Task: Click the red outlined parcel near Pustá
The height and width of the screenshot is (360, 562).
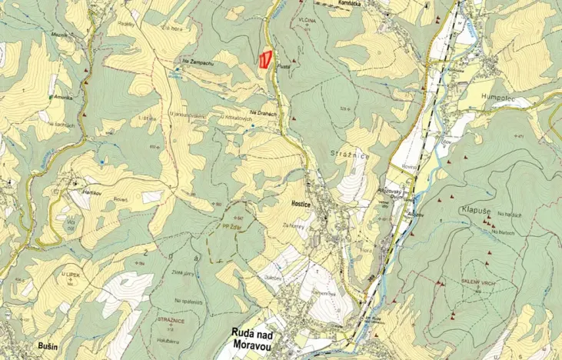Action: [x=265, y=59]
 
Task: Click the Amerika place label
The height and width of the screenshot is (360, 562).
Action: [x=63, y=98]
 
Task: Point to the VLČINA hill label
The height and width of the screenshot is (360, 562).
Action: [x=307, y=21]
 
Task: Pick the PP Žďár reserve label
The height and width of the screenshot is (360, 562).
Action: [x=232, y=228]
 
